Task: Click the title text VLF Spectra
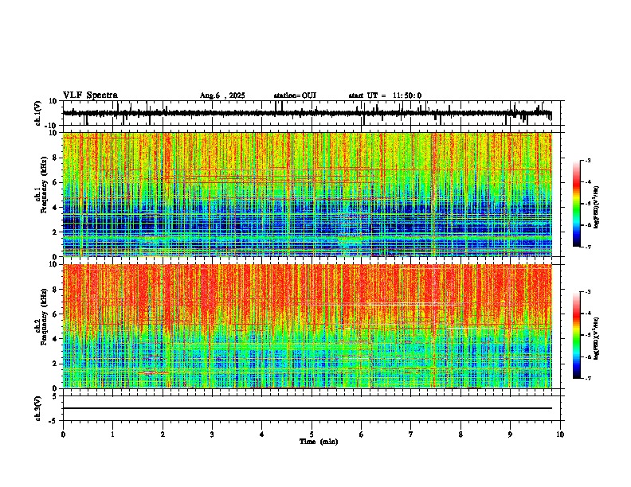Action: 90,95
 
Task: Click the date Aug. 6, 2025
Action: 222,95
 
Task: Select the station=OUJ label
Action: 295,95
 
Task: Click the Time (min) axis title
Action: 318,442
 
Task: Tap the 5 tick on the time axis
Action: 312,434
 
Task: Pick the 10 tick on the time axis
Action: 560,434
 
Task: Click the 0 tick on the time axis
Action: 63,434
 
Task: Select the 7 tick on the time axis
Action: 411,434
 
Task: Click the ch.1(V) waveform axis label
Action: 38,113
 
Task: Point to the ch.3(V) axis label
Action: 38,407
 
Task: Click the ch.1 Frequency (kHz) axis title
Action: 38,194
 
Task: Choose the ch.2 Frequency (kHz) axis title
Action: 38,326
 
